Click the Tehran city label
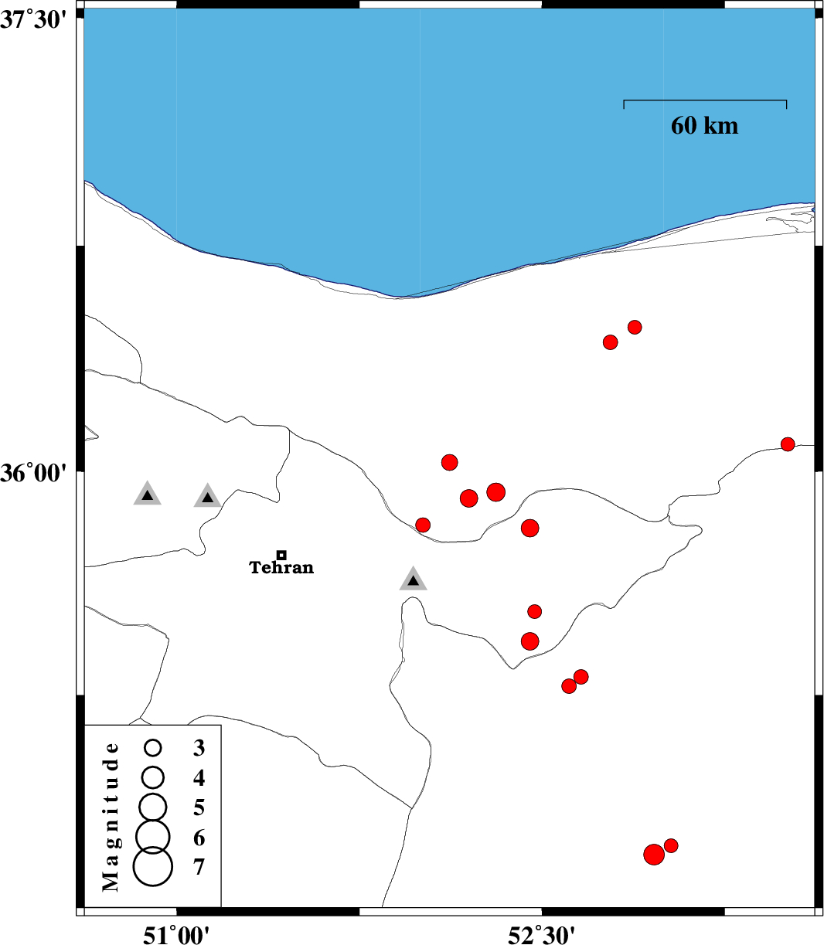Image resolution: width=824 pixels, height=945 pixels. (x=281, y=567)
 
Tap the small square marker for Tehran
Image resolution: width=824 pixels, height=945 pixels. (x=281, y=555)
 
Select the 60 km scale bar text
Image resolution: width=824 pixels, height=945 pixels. (x=704, y=126)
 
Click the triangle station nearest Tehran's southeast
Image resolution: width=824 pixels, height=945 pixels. (x=414, y=580)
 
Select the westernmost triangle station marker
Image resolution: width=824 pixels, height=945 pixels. (x=148, y=494)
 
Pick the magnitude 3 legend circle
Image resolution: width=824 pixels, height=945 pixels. (x=153, y=748)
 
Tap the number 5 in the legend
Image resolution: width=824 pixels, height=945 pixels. (x=199, y=807)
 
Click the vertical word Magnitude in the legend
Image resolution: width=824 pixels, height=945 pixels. (x=111, y=817)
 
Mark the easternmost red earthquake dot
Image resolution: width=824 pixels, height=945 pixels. (x=788, y=444)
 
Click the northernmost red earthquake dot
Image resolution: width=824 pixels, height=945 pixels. (x=635, y=328)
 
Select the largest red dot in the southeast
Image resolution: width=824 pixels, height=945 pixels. (x=654, y=855)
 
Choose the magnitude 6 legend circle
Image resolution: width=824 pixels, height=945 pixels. (x=153, y=837)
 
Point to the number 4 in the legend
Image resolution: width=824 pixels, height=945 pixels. (x=199, y=778)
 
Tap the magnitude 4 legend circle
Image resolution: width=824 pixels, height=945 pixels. (x=153, y=777)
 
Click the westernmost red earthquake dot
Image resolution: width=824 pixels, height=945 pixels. (x=423, y=525)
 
